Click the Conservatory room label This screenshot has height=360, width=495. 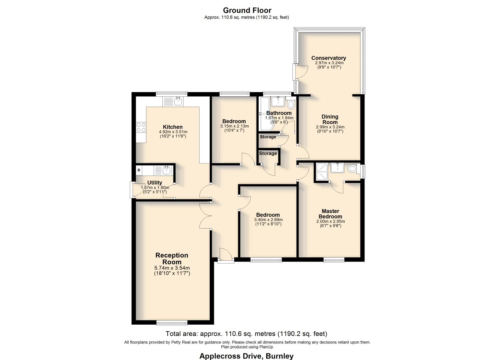tap(328, 58)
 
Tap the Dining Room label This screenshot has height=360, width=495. tap(330, 119)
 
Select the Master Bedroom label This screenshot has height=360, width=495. tap(330, 214)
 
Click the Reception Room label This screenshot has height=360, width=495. tap(172, 259)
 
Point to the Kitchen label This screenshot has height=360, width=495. tap(172, 127)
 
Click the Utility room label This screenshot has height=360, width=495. tap(155, 183)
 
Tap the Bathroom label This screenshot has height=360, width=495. tap(279, 113)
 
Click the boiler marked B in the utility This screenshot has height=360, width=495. tap(139, 170)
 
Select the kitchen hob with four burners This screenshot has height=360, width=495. tap(141, 128)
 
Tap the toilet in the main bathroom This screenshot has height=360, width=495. tap(291, 104)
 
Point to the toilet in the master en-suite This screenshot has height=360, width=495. tap(352, 169)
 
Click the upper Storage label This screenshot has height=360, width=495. tap(268, 137)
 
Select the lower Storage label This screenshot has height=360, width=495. tap(268, 153)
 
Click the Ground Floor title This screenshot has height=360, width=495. tap(247, 10)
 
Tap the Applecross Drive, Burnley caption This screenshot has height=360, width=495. tap(246, 356)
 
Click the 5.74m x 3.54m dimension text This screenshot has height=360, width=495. tap(172, 268)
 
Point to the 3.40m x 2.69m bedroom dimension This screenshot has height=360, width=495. tap(268, 220)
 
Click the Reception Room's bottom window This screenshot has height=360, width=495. tap(172, 322)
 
